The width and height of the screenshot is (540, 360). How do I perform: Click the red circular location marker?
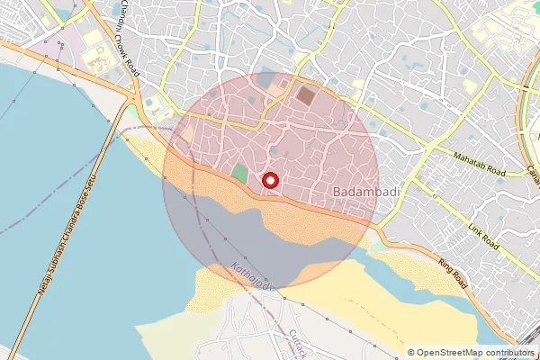tap(270, 180)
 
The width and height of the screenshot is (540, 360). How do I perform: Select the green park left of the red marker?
tap(239, 173)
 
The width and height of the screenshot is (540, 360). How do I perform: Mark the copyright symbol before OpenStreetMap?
tap(411, 353)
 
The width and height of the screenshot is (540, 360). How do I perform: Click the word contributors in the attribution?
tap(507, 353)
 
